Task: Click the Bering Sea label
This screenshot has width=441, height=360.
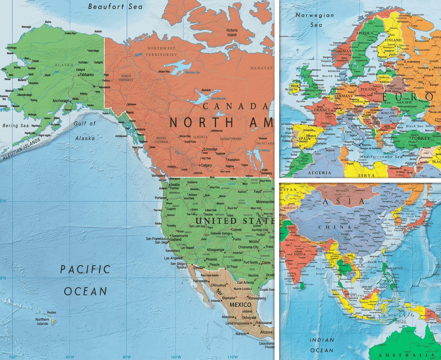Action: point(16,126)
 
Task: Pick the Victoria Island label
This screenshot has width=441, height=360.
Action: point(232,32)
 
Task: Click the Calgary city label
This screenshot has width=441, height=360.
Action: point(206,165)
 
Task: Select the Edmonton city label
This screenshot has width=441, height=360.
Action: point(209,150)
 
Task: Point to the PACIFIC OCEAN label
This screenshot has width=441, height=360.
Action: point(85,280)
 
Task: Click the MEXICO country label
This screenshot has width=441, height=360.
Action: point(239,304)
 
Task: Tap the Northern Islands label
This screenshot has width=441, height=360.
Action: point(42,322)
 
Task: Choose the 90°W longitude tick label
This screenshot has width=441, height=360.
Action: point(127,356)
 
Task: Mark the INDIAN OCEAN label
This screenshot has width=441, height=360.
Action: point(321,345)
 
